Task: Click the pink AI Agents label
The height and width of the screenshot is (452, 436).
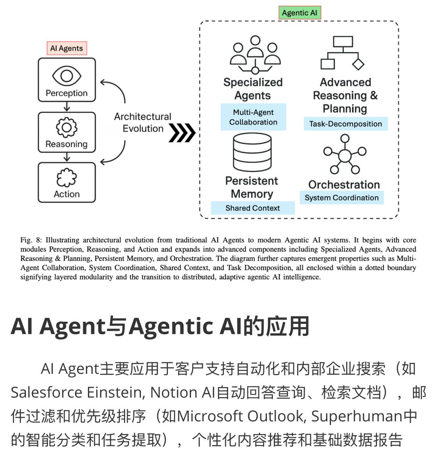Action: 67,48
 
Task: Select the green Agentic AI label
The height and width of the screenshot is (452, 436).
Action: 300,13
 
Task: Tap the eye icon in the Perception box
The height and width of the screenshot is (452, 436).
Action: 67,76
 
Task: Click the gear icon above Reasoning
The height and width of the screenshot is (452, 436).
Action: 67,127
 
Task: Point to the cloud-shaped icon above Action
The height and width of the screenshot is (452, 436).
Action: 67,177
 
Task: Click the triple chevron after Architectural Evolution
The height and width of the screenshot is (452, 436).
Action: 182,133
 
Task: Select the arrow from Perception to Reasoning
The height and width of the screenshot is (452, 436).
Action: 67,106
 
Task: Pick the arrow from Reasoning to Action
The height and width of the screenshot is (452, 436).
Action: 67,157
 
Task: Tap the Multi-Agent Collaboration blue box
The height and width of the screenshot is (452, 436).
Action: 254,117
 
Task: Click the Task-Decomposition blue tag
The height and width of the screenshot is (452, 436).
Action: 346,124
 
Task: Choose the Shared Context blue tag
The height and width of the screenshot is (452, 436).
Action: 253,208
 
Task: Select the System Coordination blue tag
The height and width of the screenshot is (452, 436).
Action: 342,198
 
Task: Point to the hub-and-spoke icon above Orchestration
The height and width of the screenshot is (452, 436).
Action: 345,155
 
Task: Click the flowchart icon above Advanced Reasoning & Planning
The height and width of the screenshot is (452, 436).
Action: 343,53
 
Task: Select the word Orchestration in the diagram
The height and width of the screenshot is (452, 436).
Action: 344,185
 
